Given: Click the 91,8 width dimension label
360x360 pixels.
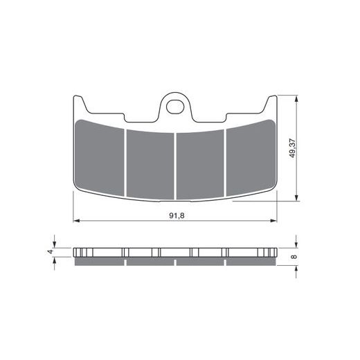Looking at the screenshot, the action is point(177,215).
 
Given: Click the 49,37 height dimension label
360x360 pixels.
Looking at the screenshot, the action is point(292,148).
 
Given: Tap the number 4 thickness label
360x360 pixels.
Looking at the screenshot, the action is point(51,251).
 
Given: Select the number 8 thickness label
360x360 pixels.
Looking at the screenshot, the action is point(294,257).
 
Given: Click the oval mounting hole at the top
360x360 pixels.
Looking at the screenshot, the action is point(175,107).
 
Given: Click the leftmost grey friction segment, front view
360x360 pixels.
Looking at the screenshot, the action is point(100,157).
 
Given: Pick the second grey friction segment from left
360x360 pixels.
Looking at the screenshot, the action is point(150,164).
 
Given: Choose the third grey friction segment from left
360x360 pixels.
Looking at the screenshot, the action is point(200,164).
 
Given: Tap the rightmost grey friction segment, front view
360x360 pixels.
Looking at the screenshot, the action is point(251,157).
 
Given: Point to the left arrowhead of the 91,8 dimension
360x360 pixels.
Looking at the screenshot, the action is point(76,221).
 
